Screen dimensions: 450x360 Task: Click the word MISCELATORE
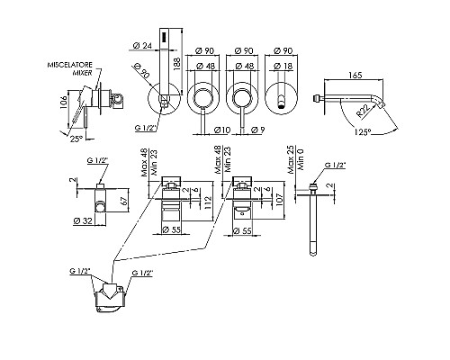point(70,65)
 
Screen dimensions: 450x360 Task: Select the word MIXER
point(83,73)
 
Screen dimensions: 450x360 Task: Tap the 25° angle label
point(76,139)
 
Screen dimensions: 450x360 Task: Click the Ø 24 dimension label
point(142,46)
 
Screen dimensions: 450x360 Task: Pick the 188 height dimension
point(176,64)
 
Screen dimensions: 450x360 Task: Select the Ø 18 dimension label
point(283,66)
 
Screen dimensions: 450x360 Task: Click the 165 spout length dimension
point(355,75)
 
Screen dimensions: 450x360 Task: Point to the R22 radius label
point(363,111)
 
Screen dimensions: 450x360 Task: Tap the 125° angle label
point(362,131)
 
